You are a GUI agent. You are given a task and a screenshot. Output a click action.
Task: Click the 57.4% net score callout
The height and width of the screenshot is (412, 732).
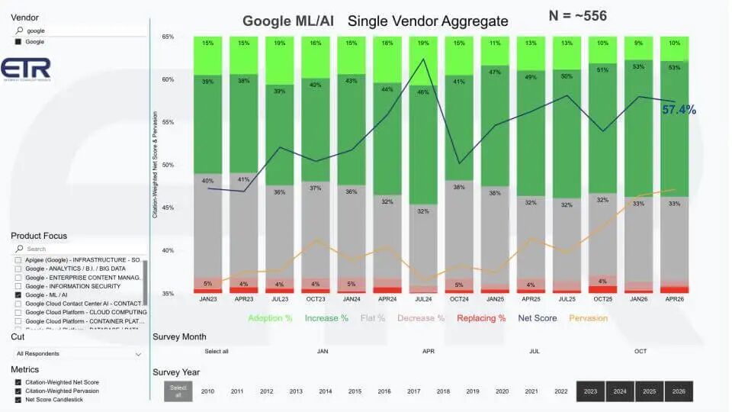click(679, 110)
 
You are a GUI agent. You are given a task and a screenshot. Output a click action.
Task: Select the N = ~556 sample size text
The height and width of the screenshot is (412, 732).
click(577, 15)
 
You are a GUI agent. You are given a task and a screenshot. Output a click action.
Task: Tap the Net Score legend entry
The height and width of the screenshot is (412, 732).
click(537, 317)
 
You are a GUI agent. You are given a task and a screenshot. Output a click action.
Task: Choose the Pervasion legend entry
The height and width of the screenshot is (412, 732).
click(588, 317)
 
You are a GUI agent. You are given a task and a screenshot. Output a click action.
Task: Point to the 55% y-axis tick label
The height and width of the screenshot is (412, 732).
click(168, 122)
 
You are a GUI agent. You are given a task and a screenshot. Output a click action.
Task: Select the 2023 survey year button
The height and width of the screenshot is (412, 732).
click(590, 391)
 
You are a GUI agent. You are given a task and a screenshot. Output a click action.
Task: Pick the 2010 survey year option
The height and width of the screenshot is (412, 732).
click(207, 391)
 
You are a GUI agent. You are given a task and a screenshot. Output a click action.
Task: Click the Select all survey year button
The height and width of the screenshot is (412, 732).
click(175, 391)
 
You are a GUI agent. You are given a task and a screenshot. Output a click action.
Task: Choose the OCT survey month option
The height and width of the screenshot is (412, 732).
click(640, 352)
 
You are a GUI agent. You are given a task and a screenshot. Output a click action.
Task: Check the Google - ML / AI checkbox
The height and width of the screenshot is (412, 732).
click(18, 295)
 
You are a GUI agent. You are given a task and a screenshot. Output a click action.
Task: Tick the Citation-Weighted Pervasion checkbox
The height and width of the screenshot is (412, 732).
click(18, 391)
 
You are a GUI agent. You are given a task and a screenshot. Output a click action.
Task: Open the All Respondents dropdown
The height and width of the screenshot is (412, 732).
click(79, 354)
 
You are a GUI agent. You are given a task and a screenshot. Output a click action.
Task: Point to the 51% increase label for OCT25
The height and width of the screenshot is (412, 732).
click(602, 69)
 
